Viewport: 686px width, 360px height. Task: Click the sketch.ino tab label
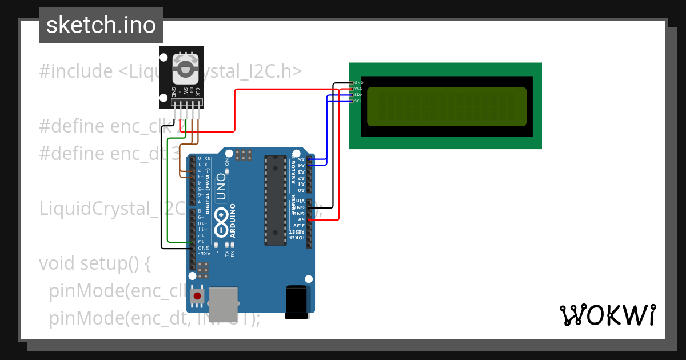(x=101, y=25)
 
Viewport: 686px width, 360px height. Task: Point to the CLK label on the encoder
(x=198, y=91)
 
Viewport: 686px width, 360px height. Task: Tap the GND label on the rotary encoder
(x=173, y=91)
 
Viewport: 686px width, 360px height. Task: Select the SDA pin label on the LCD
(x=358, y=95)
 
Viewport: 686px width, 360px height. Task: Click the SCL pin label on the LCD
(x=358, y=101)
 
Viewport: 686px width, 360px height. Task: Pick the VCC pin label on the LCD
(x=358, y=89)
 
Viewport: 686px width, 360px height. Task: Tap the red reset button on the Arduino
(x=197, y=296)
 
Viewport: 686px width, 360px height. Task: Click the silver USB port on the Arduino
(x=224, y=303)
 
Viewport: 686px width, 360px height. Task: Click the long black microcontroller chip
(x=275, y=199)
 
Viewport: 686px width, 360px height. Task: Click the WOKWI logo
(x=608, y=315)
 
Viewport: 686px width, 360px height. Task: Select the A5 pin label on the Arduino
(x=301, y=159)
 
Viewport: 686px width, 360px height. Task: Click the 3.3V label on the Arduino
(x=301, y=226)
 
